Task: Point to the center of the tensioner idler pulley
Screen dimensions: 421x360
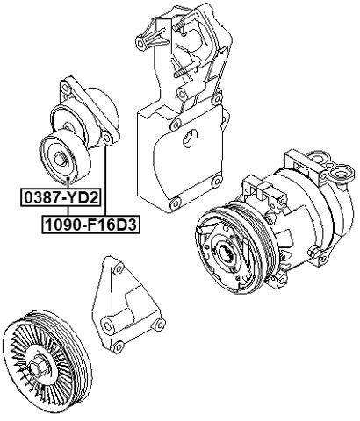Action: click(61, 159)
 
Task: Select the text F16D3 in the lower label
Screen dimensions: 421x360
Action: click(110, 225)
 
